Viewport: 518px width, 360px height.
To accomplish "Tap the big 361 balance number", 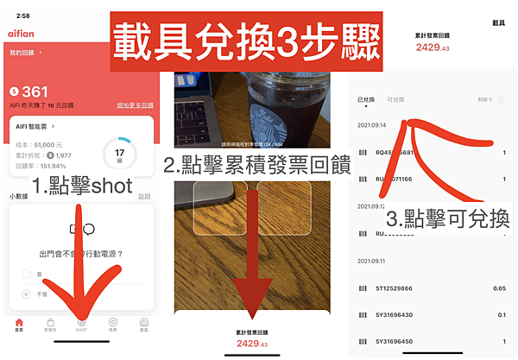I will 35,92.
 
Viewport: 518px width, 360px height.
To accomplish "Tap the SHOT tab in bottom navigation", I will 81,324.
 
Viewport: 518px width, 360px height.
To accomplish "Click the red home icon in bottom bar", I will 19,324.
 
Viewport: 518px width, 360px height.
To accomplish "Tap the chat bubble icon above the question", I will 81,229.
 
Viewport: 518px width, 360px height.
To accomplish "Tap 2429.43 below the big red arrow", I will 251,344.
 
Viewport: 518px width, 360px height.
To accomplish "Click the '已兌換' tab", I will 366,100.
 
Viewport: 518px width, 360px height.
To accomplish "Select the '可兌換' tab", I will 396,100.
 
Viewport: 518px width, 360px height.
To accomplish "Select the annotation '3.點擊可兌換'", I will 446,217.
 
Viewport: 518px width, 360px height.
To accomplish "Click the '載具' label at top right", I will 498,22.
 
